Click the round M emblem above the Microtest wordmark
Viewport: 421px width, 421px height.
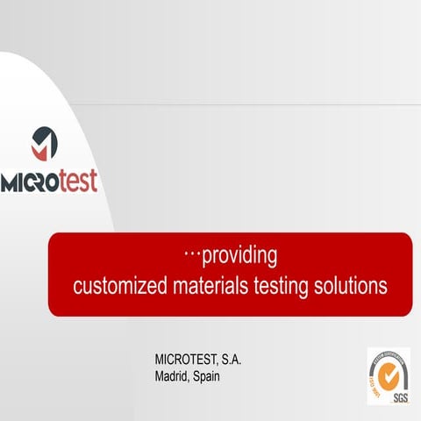coord(45,143)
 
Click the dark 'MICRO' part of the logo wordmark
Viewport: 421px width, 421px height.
coord(29,182)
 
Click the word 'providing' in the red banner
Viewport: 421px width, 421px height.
coord(239,256)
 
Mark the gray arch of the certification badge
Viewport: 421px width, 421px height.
coord(390,355)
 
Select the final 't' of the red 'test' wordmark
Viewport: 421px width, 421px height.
coord(94,181)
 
